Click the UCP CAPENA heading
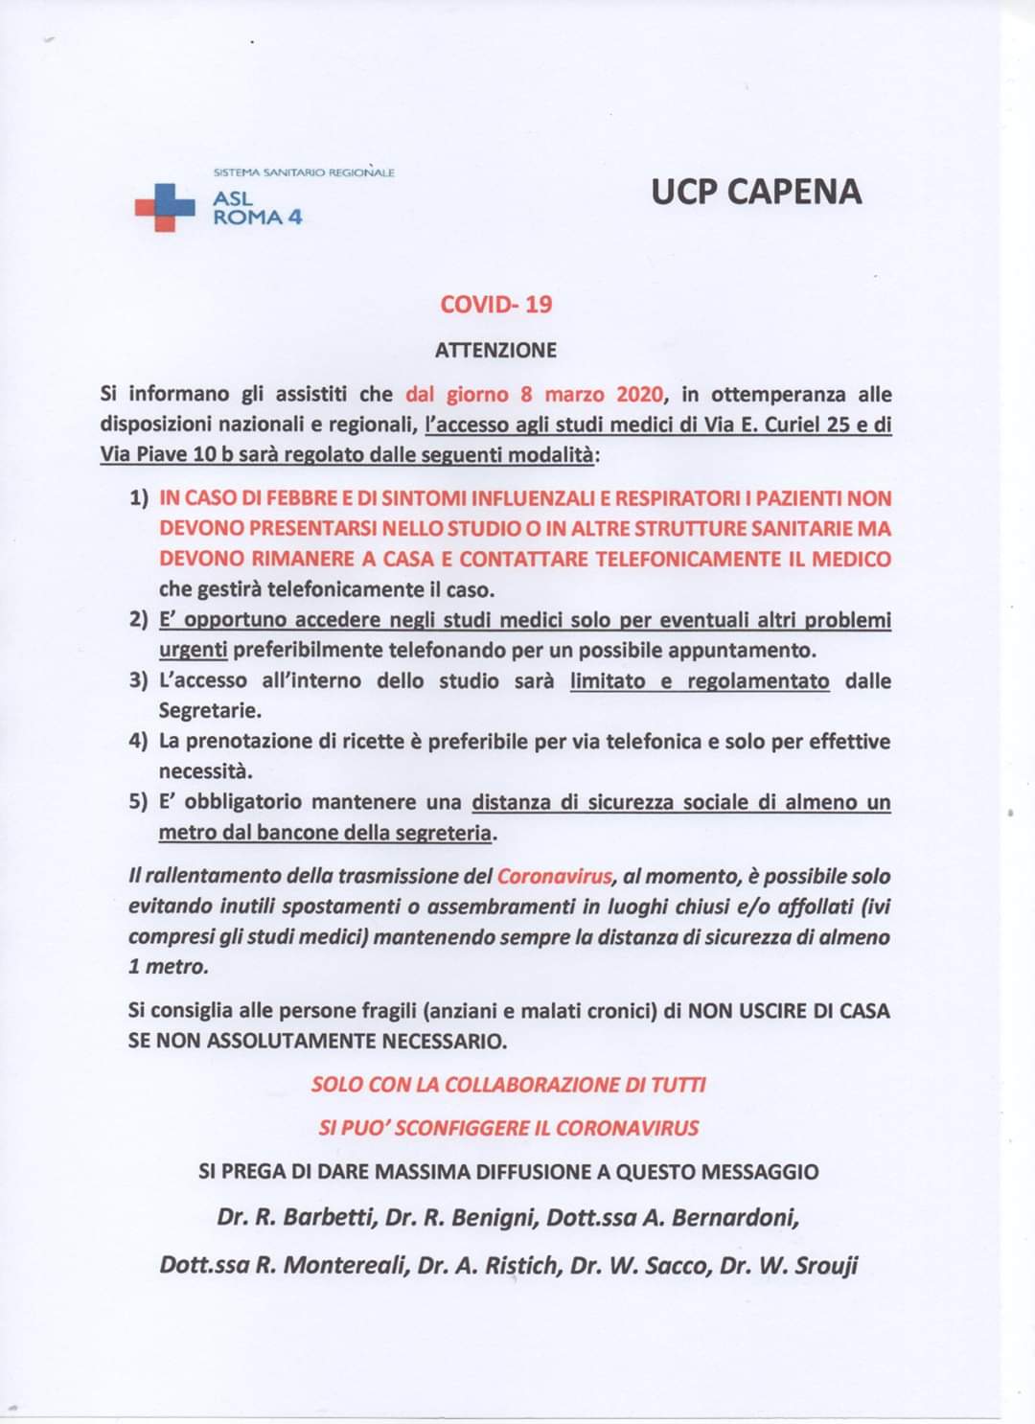pyautogui.click(x=756, y=192)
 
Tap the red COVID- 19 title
pyautogui.click(x=495, y=305)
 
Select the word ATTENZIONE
pyautogui.click(x=495, y=350)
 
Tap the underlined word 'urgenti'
pyautogui.click(x=193, y=651)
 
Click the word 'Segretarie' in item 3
pyautogui.click(x=210, y=711)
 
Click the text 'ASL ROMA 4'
pyautogui.click(x=256, y=208)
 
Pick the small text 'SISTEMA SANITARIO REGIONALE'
pyautogui.click(x=303, y=172)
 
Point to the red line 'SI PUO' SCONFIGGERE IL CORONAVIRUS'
pyautogui.click(x=509, y=1128)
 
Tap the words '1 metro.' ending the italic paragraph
pyautogui.click(x=168, y=967)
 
